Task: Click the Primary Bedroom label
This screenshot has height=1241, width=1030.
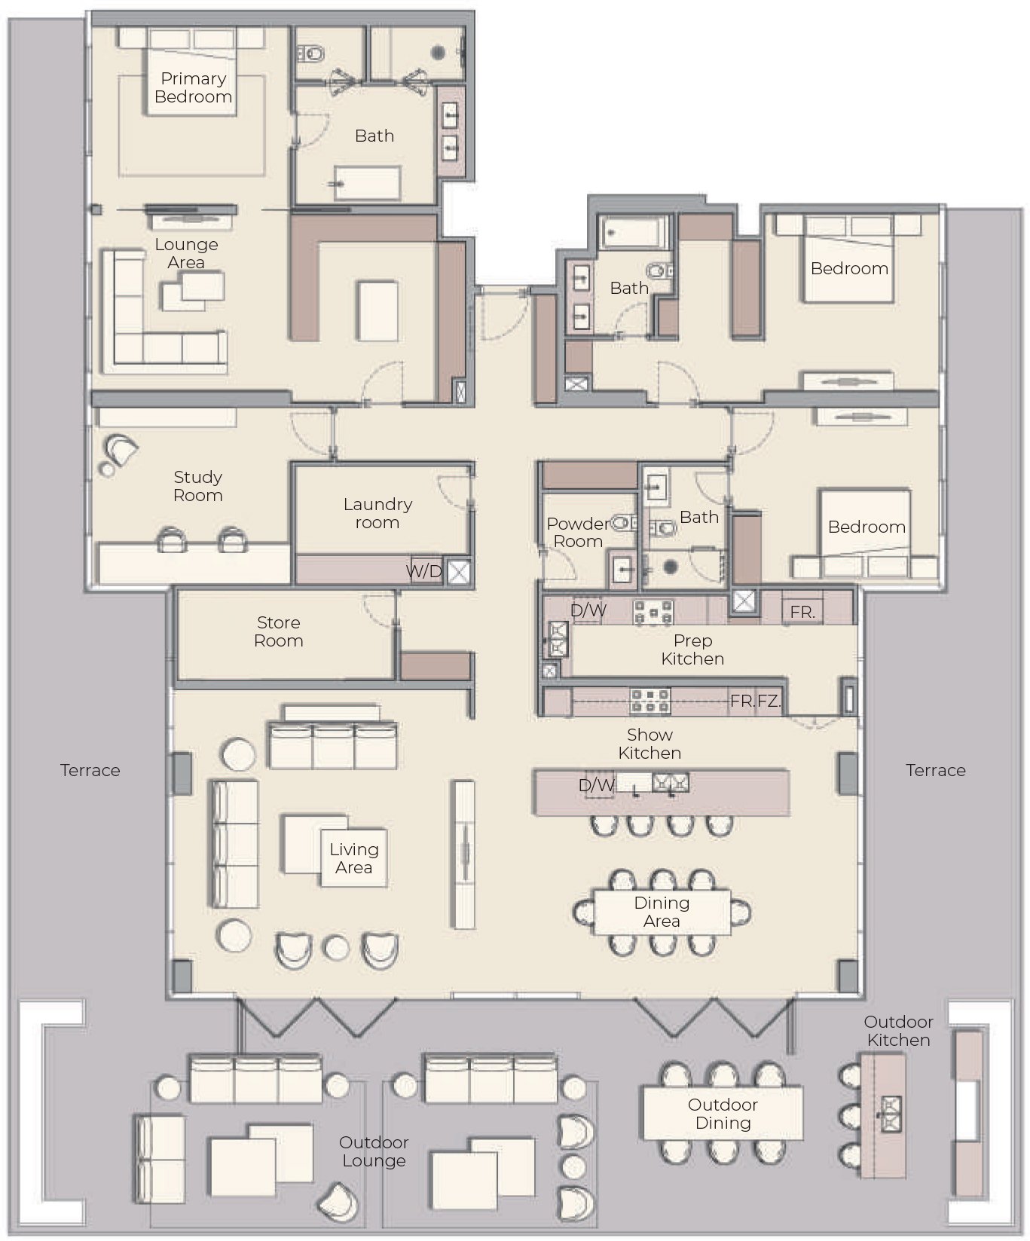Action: (193, 87)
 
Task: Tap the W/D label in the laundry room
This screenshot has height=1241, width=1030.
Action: (424, 571)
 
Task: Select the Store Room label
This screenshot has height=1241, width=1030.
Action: (279, 631)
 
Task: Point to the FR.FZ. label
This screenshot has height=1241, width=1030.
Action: (755, 701)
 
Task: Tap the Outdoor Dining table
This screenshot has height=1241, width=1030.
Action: (722, 1113)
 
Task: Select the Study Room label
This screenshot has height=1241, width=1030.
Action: (198, 486)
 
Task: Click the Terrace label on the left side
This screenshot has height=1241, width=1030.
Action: (90, 770)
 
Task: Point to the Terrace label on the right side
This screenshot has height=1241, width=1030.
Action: (936, 770)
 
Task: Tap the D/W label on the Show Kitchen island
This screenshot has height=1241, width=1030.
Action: (596, 785)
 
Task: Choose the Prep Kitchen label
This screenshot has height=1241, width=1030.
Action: (692, 650)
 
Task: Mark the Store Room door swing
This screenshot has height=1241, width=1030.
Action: (379, 609)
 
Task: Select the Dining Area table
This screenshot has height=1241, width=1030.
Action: (662, 912)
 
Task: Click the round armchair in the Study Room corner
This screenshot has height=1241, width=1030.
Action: (122, 451)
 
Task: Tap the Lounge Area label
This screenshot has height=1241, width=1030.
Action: (186, 253)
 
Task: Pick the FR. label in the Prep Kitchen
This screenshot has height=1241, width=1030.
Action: (802, 612)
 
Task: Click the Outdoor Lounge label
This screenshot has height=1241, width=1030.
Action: (374, 1151)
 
